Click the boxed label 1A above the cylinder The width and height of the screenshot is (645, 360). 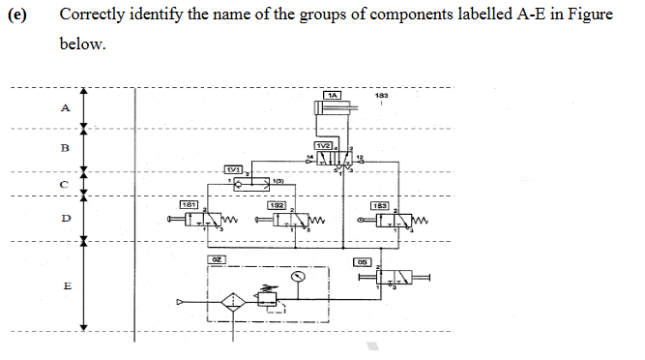pyautogui.click(x=333, y=95)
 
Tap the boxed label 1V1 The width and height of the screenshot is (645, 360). pyautogui.click(x=234, y=168)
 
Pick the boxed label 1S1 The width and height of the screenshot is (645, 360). pyautogui.click(x=191, y=204)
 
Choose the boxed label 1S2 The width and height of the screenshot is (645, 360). pyautogui.click(x=277, y=204)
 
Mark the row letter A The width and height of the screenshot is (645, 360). pyautogui.click(x=66, y=107)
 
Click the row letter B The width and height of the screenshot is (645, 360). pyautogui.click(x=66, y=148)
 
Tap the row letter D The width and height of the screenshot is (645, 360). pyautogui.click(x=66, y=218)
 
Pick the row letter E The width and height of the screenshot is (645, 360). pyautogui.click(x=66, y=286)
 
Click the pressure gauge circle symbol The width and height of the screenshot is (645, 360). pyautogui.click(x=299, y=276)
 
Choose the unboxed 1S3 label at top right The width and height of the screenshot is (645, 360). pyautogui.click(x=382, y=96)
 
